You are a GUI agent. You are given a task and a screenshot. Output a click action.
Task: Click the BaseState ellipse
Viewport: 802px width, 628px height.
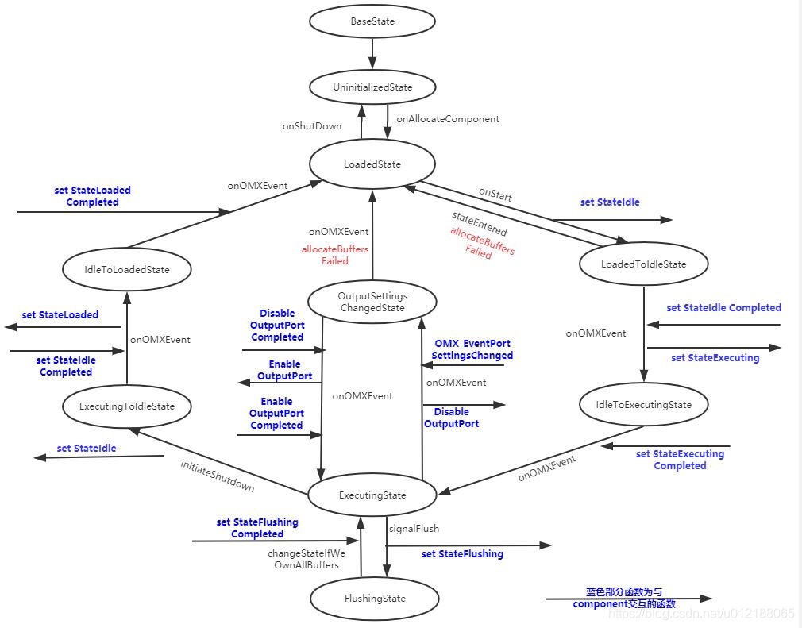click(372, 21)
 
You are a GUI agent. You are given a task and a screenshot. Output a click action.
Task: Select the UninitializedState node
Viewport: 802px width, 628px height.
click(372, 87)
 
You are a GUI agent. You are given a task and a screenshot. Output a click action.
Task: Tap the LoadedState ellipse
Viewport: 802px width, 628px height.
click(372, 164)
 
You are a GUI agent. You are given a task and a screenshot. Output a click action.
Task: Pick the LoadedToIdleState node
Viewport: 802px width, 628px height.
click(643, 264)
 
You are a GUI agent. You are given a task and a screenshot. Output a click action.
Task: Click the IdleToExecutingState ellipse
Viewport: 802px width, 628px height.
click(643, 405)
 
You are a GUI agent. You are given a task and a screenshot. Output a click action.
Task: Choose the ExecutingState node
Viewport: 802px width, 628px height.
click(372, 495)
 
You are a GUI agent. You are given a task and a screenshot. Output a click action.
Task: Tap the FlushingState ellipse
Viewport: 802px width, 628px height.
click(373, 599)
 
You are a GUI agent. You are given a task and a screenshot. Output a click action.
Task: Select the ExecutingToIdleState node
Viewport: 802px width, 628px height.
click(127, 406)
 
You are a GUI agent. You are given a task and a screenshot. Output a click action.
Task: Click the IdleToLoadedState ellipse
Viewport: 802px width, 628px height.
click(127, 269)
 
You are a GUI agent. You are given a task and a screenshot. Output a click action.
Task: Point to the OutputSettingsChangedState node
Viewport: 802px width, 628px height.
click(372, 302)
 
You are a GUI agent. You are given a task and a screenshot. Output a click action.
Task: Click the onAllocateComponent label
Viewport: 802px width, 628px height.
click(448, 119)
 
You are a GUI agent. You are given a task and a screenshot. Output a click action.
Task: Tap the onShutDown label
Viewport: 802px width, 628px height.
click(312, 125)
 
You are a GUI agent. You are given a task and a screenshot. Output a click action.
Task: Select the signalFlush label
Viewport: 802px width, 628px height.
click(414, 528)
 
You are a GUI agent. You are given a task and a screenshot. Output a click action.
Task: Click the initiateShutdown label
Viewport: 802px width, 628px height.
click(218, 475)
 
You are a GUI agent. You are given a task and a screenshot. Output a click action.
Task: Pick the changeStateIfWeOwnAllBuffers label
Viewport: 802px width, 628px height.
click(307, 559)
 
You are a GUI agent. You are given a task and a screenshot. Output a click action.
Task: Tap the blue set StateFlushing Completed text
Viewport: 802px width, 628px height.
click(257, 528)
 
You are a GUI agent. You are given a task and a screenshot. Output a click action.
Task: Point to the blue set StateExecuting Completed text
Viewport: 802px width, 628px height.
click(680, 460)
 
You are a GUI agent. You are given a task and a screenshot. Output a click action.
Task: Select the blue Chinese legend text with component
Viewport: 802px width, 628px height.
click(624, 598)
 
